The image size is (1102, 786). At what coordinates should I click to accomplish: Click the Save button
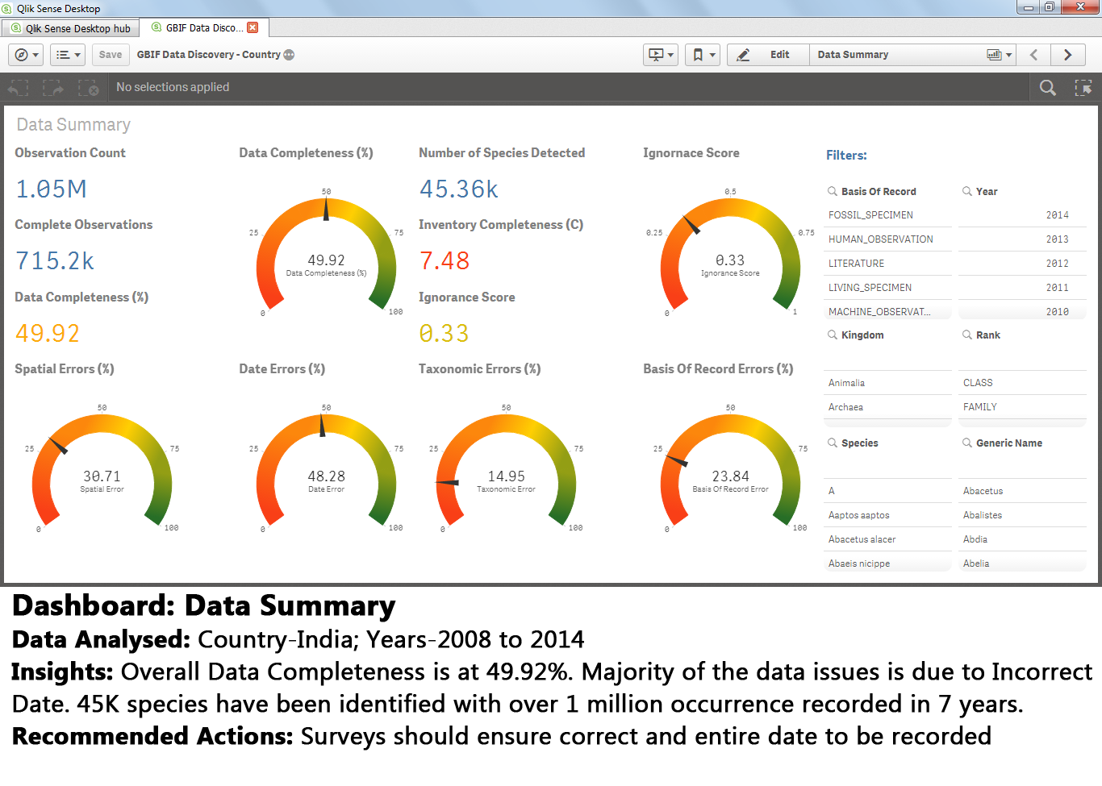111,55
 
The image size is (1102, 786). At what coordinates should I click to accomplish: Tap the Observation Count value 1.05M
52,189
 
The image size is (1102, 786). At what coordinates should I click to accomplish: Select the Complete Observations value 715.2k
55,261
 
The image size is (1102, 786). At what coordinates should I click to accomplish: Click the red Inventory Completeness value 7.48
445,261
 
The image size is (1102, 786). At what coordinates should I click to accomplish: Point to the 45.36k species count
459,189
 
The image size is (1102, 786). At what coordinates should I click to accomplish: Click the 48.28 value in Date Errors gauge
326,476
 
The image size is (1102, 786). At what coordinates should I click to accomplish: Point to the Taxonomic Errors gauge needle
448,483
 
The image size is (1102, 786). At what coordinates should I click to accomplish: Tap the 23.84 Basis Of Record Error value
730,476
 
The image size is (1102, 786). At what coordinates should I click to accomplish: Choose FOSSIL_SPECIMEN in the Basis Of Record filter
870,215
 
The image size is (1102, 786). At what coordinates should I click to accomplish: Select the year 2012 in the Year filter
1057,264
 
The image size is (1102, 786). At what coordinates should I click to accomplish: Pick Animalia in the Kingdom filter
846,383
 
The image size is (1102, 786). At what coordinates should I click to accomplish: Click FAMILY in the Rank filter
980,407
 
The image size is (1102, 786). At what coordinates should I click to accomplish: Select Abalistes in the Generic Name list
983,515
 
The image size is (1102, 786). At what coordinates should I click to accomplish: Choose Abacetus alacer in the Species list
862,539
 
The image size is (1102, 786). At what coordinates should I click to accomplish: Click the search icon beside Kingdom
832,335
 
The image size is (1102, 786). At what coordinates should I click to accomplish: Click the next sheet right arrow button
1067,55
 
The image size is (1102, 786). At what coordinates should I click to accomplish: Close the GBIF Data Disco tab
253,27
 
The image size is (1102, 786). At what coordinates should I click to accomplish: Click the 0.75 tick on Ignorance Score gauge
806,233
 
